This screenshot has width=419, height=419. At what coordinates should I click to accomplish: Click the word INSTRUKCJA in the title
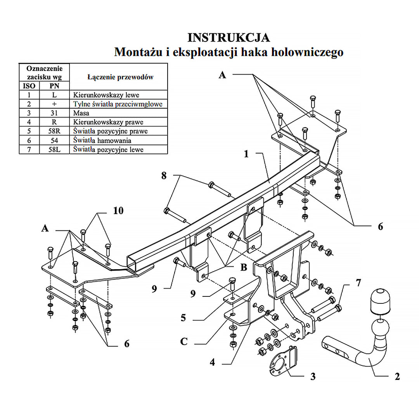point(229,37)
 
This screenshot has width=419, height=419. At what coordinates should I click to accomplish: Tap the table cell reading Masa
point(81,113)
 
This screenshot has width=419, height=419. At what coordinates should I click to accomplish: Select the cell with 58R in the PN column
point(54,131)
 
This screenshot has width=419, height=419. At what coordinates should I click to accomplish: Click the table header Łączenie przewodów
point(120,77)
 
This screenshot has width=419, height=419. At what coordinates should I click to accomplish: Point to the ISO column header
point(29,86)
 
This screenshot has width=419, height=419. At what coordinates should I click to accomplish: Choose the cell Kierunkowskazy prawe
point(105,122)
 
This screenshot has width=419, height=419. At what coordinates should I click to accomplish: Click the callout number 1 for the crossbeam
point(246,154)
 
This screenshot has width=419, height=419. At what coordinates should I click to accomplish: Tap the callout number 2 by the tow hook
point(397,376)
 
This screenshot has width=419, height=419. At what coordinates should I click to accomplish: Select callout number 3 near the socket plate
point(313,376)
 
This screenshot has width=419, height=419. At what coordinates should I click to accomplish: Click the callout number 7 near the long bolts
point(358,283)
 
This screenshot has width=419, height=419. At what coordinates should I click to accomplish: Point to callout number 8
point(164,176)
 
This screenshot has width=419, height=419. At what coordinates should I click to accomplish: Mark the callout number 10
point(118,211)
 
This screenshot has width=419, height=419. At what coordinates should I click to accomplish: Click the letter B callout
point(244,268)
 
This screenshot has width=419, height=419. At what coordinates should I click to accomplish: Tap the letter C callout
point(184,341)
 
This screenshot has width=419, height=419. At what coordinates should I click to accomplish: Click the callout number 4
point(213,363)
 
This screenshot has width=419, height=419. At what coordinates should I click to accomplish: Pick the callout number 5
point(183,318)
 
